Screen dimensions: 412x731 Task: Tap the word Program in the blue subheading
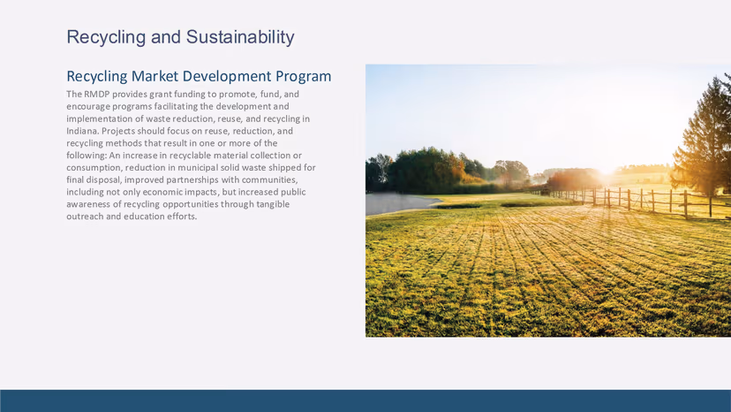tap(299, 77)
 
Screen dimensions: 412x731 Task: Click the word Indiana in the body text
tap(82, 131)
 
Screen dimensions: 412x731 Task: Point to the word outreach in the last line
tap(86, 217)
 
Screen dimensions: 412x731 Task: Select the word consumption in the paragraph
tap(94, 167)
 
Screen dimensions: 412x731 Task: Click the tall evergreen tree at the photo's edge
tap(705, 133)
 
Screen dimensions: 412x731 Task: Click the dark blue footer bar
tap(365, 401)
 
